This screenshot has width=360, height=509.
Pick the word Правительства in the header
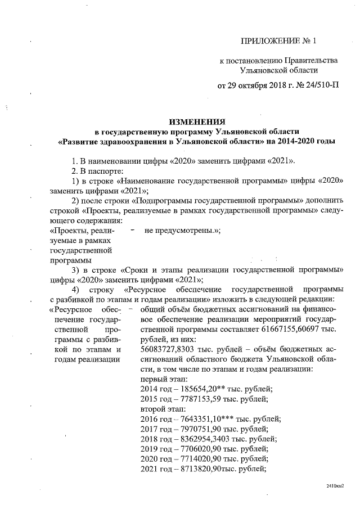tap(310, 60)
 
